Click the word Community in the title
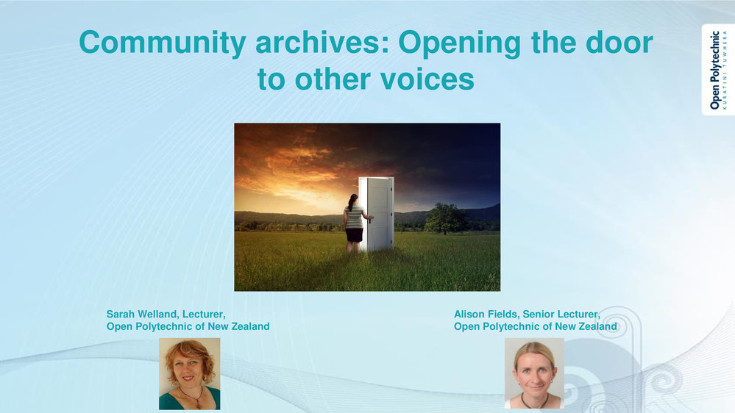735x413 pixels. pyautogui.click(x=163, y=43)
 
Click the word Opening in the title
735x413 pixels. pyautogui.click(x=460, y=43)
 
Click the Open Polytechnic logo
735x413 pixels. pyautogui.click(x=717, y=70)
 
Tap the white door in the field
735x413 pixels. pyautogui.click(x=377, y=214)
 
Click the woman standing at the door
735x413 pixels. pyautogui.click(x=355, y=224)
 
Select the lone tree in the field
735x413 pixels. pyautogui.click(x=445, y=218)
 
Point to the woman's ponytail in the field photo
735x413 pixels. pyautogui.click(x=351, y=202)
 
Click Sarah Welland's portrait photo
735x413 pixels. pyautogui.click(x=189, y=373)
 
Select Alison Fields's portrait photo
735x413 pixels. pyautogui.click(x=534, y=373)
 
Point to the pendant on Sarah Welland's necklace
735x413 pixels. pyautogui.click(x=199, y=403)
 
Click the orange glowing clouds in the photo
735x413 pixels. pyautogui.click(x=291, y=171)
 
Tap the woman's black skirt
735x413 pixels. pyautogui.click(x=355, y=234)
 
